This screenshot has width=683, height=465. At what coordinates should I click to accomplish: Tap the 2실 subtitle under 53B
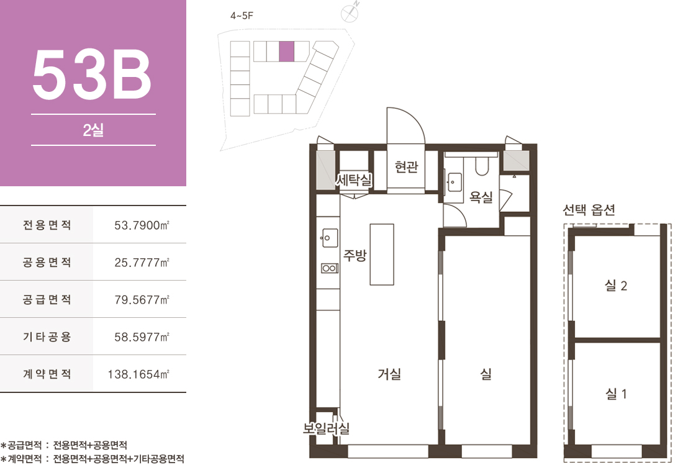coord(93,130)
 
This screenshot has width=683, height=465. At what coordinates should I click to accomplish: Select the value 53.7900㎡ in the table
coord(142,225)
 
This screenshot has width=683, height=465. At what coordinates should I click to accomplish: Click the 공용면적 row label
coord(47,262)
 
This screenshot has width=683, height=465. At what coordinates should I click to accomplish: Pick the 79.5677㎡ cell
coord(142,300)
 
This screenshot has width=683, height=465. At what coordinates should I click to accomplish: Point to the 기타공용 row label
coord(47,336)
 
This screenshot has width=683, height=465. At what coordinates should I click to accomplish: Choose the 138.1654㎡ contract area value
coord(138,374)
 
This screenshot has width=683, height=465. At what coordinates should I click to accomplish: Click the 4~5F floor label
coord(242,16)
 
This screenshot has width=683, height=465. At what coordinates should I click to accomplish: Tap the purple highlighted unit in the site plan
coord(287,51)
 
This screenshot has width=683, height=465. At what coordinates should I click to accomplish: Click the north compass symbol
coord(350,13)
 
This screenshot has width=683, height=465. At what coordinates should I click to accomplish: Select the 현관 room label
coord(407,166)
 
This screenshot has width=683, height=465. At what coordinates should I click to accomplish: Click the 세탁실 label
coord(354,179)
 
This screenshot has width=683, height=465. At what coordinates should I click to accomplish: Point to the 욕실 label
coord(481,197)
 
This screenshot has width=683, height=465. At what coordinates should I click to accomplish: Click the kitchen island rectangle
coord(382,255)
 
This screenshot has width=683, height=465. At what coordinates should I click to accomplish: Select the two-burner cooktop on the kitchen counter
coord(330,268)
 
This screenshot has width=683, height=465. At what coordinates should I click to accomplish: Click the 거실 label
coord(389,374)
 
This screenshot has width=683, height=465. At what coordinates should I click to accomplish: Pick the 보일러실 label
coord(326,428)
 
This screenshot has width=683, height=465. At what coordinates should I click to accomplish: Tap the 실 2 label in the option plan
coord(616,286)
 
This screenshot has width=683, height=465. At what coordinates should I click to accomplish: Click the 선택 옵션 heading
coord(589,210)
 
